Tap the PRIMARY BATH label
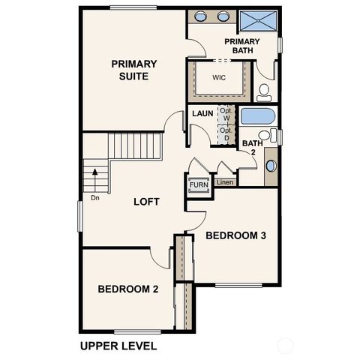pos(241,46)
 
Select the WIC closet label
pos(219,77)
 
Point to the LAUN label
pos(202,114)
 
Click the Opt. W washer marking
pos(225,114)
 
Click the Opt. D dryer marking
pos(225,133)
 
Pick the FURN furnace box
pos(198,184)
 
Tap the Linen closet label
pos(223,182)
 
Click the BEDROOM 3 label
pos(237,235)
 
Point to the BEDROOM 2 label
pos(127,289)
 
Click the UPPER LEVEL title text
pos(118,346)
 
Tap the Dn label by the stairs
pos(94,198)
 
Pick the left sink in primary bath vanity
pos(201,16)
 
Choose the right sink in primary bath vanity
pos(223,16)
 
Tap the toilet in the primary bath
pos(264,92)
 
